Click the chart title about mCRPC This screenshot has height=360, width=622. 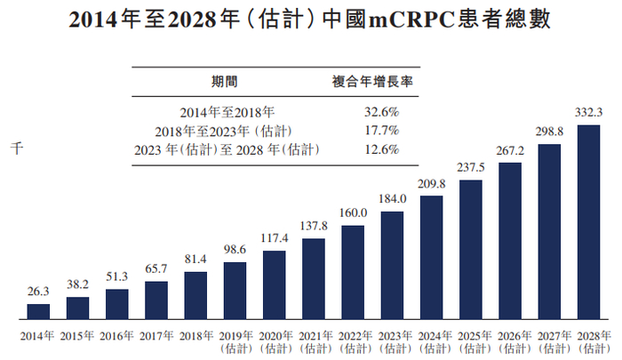[x=310, y=20]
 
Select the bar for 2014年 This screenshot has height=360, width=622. [x=38, y=310]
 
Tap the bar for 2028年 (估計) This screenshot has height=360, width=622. [x=588, y=221]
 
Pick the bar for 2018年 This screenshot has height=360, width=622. [x=195, y=294]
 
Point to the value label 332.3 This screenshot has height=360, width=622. [x=588, y=113]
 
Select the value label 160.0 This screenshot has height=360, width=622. [x=353, y=213]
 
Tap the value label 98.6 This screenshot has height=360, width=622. [x=235, y=251]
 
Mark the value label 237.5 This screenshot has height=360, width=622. [x=470, y=168]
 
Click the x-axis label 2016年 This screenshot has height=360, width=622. [x=116, y=335]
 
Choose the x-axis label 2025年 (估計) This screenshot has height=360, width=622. [x=470, y=341]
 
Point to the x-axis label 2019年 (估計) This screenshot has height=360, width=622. [x=235, y=341]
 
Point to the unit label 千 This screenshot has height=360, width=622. [x=15, y=148]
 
